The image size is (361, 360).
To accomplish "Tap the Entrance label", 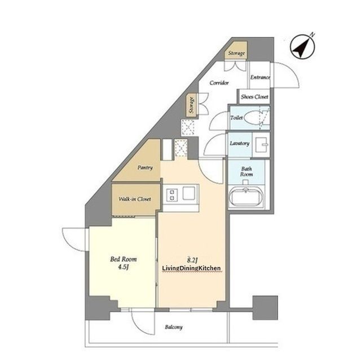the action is [x=260, y=77].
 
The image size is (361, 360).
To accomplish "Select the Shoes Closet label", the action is [x=254, y=97].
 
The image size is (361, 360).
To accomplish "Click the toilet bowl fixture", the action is [x=254, y=118].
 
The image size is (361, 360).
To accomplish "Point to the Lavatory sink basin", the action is [x=262, y=145].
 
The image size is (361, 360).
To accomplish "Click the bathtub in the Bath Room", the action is [x=246, y=196].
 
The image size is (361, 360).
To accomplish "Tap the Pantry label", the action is [x=145, y=167].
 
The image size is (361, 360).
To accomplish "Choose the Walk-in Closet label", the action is [x=135, y=199].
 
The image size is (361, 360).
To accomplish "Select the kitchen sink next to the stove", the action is [x=189, y=193].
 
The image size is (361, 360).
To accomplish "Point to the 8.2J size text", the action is [x=192, y=260].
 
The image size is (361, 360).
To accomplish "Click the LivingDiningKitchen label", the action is [x=192, y=268].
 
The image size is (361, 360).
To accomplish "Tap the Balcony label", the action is [x=174, y=327].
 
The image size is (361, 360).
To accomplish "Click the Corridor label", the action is [x=219, y=83].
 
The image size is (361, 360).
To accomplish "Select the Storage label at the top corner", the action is [x=236, y=54].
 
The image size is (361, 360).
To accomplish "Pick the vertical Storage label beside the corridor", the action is [x=191, y=105].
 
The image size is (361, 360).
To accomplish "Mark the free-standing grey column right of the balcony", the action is [x=265, y=308].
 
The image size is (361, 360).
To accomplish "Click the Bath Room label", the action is [x=246, y=172].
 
